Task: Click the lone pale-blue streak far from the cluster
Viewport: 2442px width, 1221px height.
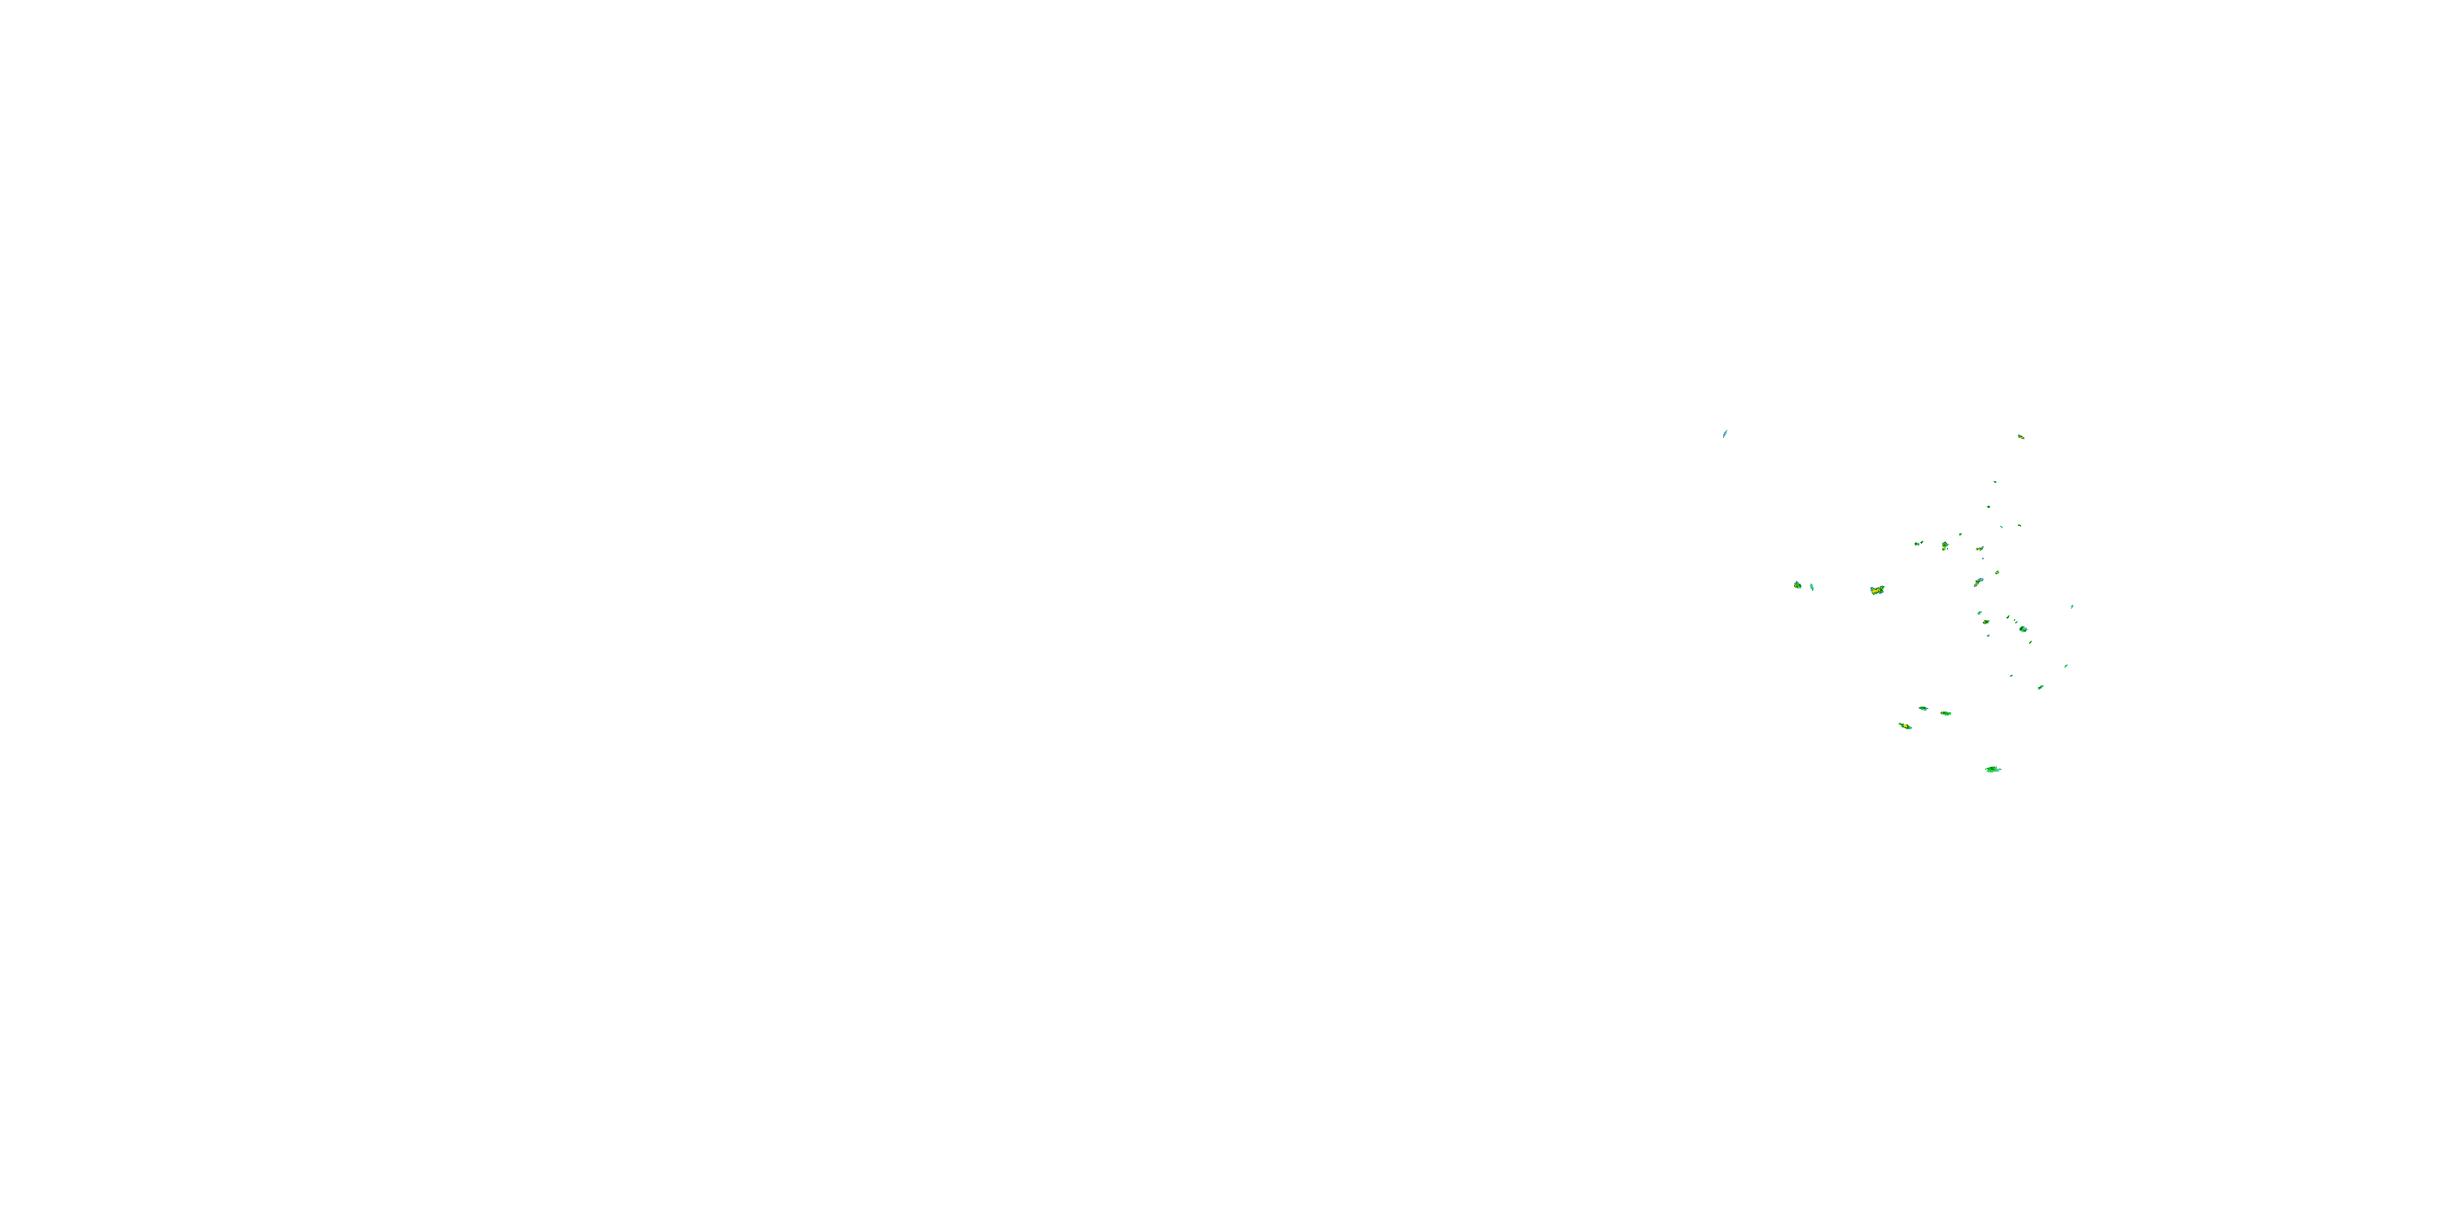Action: pyautogui.click(x=1724, y=434)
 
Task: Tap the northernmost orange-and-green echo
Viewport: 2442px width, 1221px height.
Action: pyautogui.click(x=2021, y=437)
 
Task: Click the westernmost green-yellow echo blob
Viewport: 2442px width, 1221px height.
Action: pyautogui.click(x=1797, y=585)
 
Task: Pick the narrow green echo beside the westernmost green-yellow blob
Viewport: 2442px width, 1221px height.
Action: pyautogui.click(x=1812, y=588)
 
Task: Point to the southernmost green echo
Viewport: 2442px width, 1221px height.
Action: pyautogui.click(x=1993, y=770)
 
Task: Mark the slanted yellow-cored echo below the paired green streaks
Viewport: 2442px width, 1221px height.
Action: pyautogui.click(x=1905, y=726)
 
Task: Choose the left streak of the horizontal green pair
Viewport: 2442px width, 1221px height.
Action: pyautogui.click(x=1923, y=708)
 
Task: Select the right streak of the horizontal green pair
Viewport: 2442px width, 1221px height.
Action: pyautogui.click(x=1945, y=713)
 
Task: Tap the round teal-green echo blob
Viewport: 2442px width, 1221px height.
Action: pyautogui.click(x=2023, y=628)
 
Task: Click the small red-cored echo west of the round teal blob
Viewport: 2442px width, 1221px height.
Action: pyautogui.click(x=1986, y=622)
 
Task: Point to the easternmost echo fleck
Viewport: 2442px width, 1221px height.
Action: pyautogui.click(x=2072, y=606)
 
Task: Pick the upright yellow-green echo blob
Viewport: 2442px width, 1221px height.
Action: pyautogui.click(x=1945, y=546)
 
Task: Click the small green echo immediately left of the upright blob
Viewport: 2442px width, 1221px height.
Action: pyautogui.click(x=1918, y=543)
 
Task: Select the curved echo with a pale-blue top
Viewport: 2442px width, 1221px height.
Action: pyautogui.click(x=1979, y=582)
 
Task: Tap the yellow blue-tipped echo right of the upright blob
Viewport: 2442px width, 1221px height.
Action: pyautogui.click(x=1980, y=549)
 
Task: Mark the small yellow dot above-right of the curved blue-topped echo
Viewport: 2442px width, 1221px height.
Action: pyautogui.click(x=1997, y=572)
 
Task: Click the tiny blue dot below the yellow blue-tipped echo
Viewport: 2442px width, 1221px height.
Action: pyautogui.click(x=1982, y=558)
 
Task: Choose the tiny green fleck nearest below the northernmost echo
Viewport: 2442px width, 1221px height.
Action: pyautogui.click(x=1994, y=482)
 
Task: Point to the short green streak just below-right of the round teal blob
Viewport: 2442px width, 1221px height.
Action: pyautogui.click(x=2031, y=641)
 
